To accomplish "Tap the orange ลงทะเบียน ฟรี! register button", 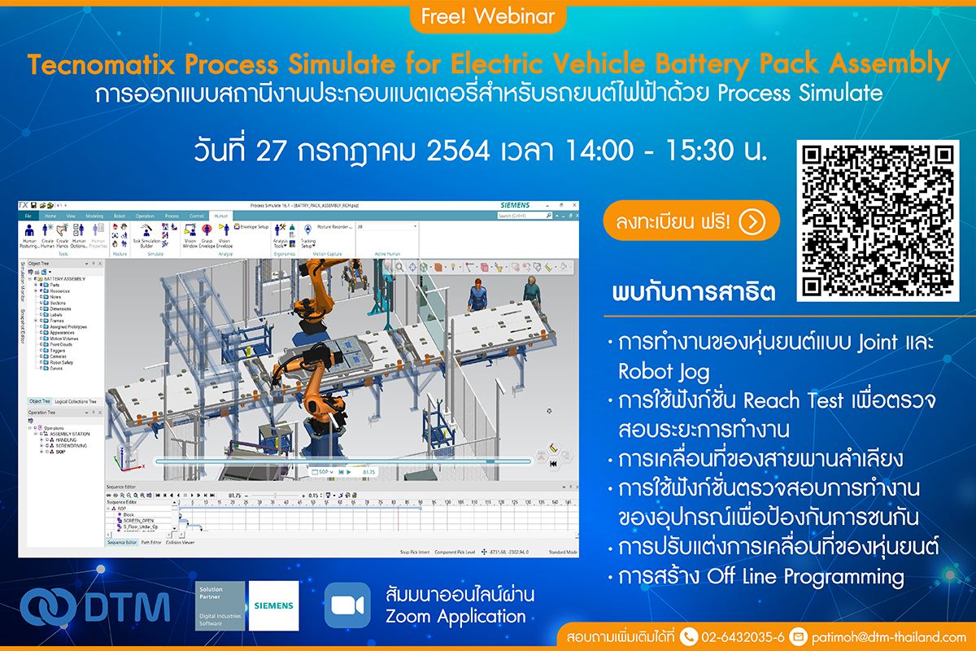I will click(691, 221).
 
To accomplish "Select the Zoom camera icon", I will click(347, 605).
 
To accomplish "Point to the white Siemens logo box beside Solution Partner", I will click(274, 605).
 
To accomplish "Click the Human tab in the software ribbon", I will click(220, 216).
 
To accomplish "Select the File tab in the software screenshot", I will click(28, 216).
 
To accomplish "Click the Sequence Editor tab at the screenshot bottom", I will click(121, 542).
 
